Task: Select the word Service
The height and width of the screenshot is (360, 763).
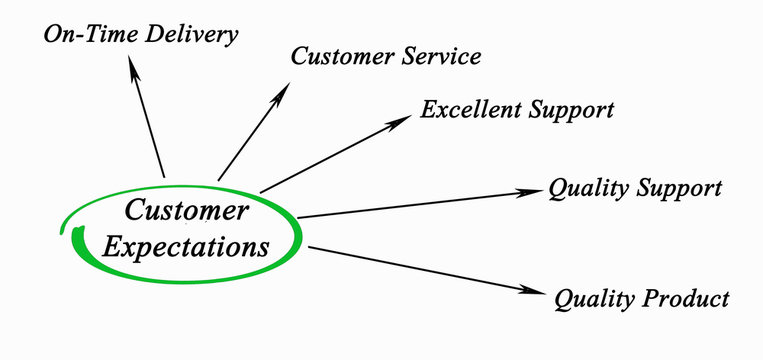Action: pos(435,56)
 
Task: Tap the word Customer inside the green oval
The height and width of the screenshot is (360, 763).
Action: pos(186,211)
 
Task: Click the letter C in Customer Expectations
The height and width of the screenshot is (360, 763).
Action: pos(133,211)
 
